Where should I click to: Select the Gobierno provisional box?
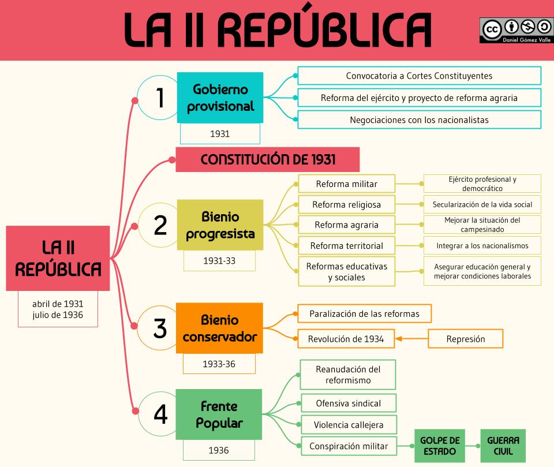220,98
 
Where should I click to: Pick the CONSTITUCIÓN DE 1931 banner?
267,159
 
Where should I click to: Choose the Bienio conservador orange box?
219,328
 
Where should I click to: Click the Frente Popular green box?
219,414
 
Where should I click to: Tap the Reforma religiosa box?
346,204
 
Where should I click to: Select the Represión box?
465,339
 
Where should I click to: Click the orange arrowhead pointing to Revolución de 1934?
399,339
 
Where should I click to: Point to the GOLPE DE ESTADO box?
439,446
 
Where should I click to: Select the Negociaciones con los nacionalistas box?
419,120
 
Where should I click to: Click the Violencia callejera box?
348,425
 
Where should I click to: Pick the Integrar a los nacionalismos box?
482,245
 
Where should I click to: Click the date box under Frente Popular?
219,450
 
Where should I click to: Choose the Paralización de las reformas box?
364,314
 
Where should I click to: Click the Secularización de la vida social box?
482,204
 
